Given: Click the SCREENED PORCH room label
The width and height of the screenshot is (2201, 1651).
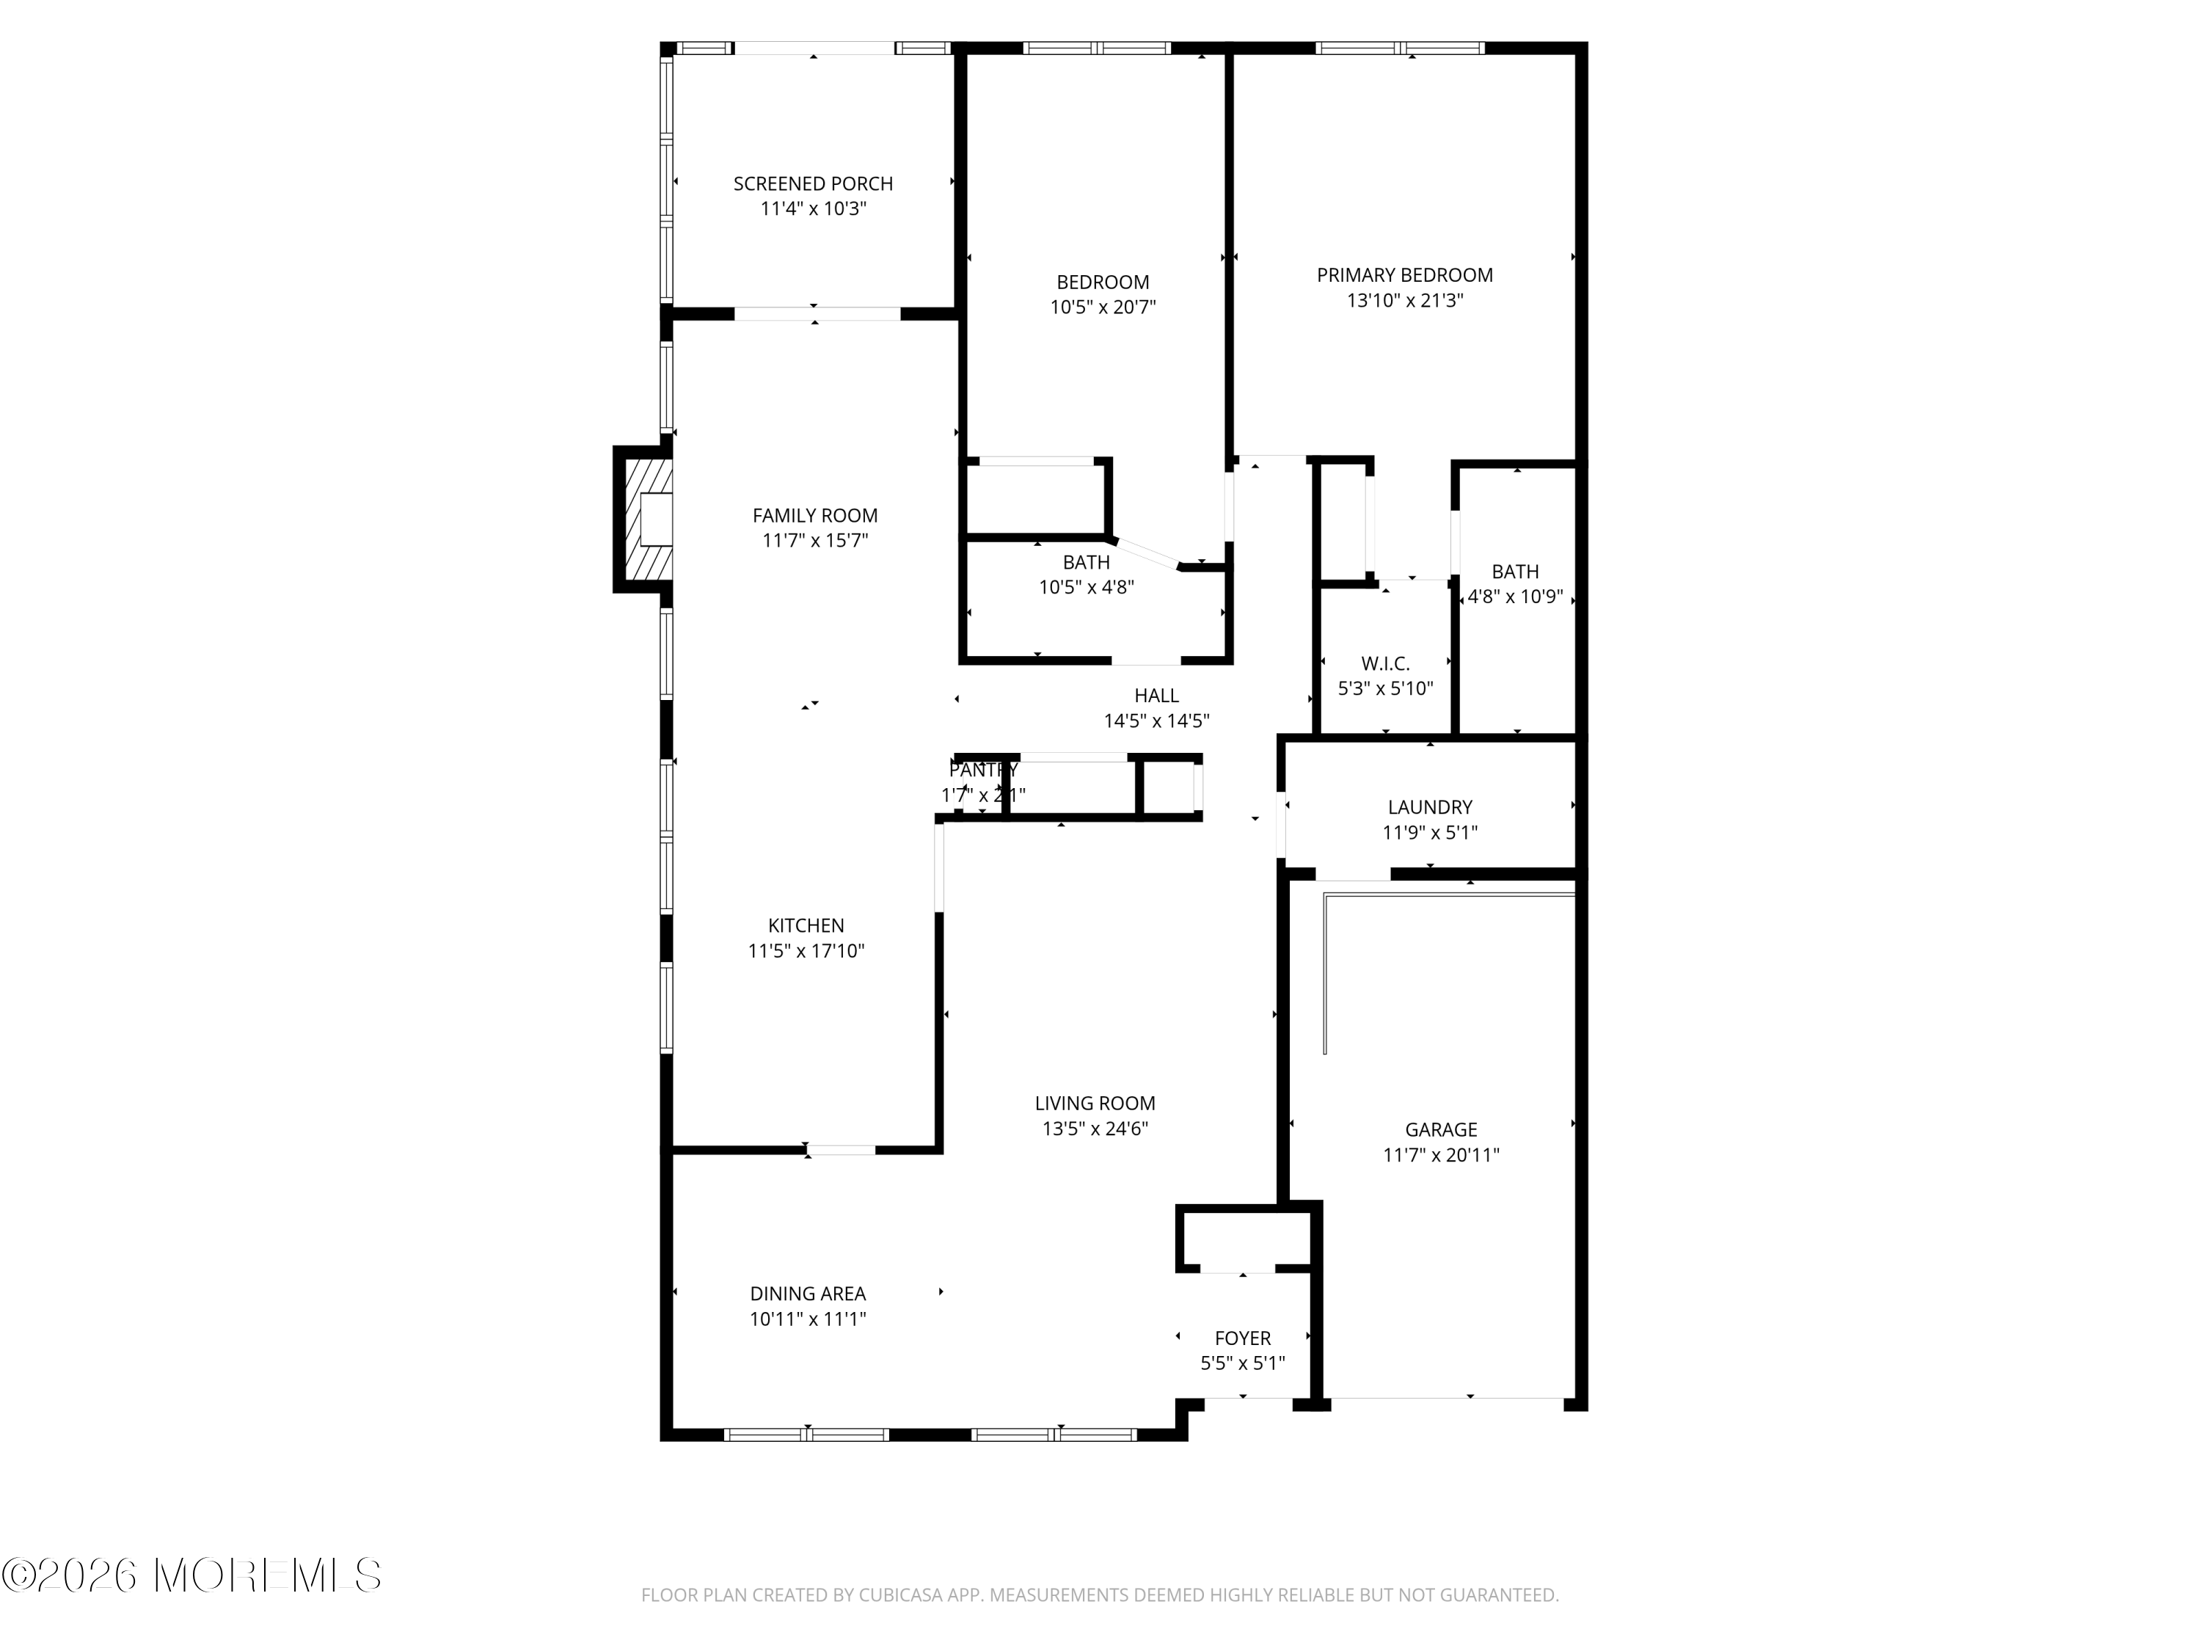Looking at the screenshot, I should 813,184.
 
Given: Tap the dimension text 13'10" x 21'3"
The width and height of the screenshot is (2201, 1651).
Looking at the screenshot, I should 1404,301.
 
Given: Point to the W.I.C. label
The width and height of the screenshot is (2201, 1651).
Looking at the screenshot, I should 1385,664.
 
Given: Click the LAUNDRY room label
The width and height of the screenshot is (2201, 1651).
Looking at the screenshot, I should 1429,807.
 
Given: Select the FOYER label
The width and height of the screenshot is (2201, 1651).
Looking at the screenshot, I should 1242,1338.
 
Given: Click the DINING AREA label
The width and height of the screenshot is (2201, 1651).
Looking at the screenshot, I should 807,1294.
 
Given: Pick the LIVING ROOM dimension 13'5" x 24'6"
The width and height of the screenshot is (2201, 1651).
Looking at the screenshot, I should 1095,1129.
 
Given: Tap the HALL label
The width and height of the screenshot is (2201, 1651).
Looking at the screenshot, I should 1156,696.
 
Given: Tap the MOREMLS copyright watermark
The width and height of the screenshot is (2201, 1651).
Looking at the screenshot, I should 191,1575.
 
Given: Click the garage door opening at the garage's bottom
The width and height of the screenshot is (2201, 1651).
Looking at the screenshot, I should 1448,1399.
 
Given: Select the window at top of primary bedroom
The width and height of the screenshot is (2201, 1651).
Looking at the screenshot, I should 1399,48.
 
